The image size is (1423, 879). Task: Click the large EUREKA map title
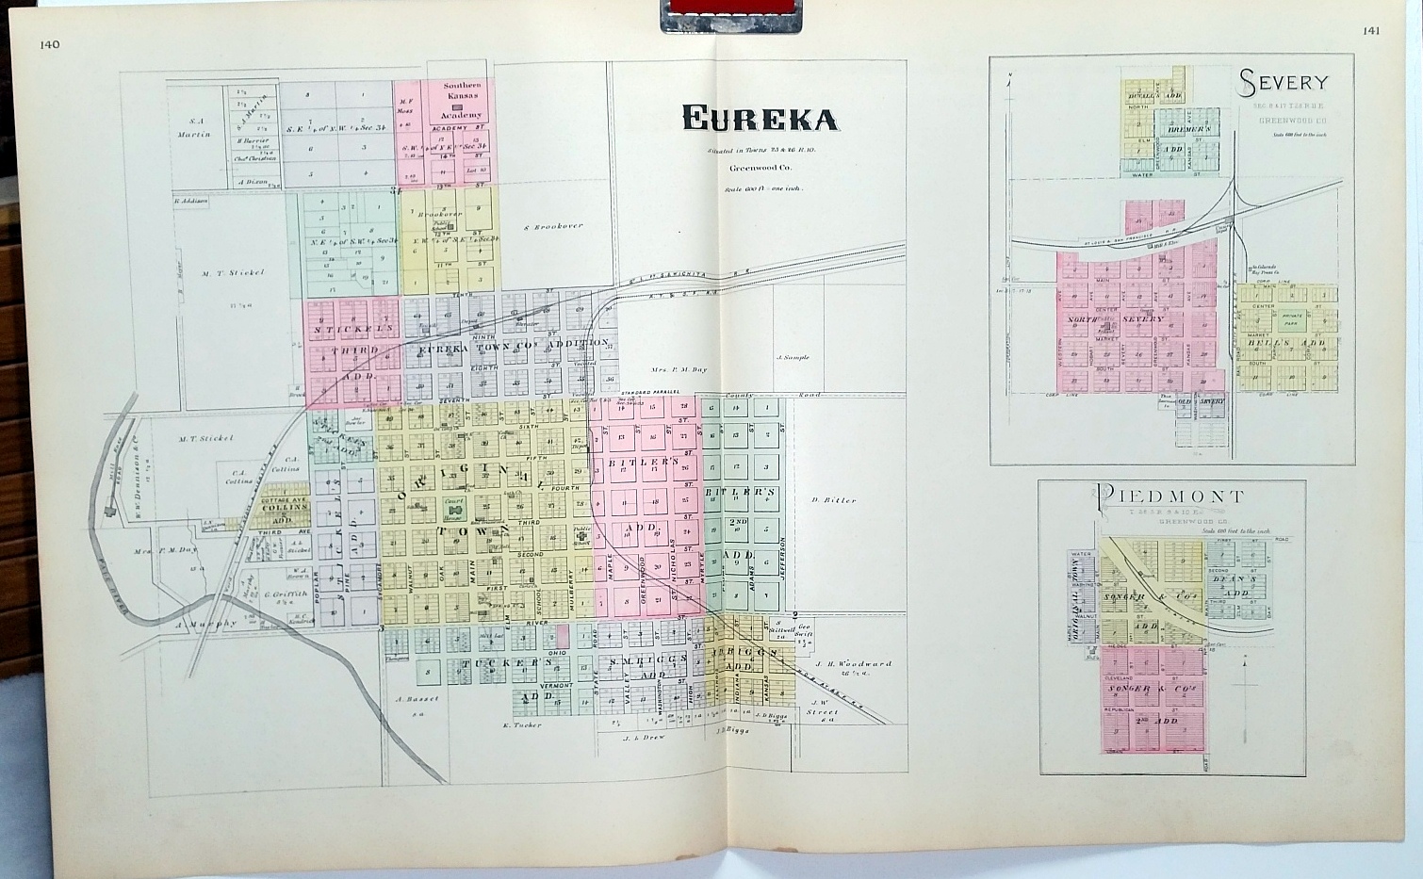(x=759, y=118)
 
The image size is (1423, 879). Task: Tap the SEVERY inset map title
(x=1284, y=84)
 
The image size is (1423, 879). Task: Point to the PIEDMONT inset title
(x=1170, y=496)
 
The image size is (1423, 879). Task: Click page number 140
(x=50, y=44)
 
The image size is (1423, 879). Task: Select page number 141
(x=1371, y=30)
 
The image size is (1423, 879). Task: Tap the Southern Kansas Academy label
(x=462, y=99)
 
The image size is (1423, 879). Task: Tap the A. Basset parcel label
(x=412, y=699)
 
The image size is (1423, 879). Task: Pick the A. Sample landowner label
(x=793, y=358)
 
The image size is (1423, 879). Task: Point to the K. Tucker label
(x=519, y=725)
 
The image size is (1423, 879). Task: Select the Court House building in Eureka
(x=454, y=506)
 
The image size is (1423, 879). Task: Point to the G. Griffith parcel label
(x=281, y=594)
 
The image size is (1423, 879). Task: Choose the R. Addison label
(x=190, y=201)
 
